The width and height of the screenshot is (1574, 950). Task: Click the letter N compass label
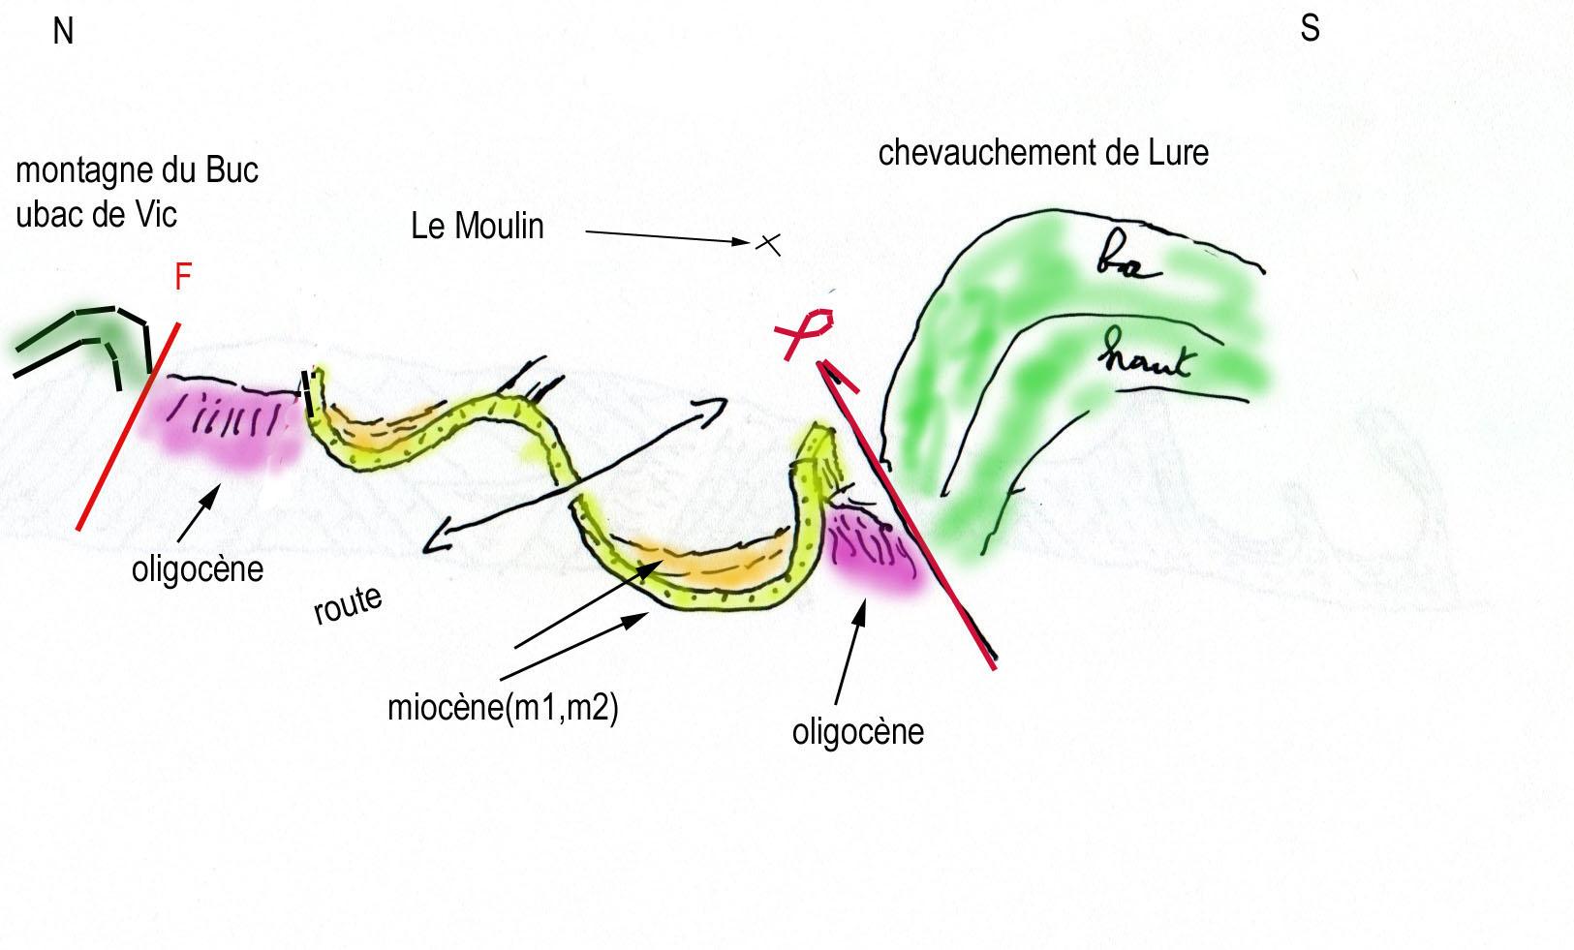tap(63, 32)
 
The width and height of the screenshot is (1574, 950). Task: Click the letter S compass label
tap(1310, 28)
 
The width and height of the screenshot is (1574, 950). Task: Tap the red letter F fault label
tap(182, 278)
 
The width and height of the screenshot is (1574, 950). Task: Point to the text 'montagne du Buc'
tap(137, 171)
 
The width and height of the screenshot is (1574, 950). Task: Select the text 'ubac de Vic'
tap(96, 214)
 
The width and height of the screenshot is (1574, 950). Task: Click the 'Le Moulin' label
tap(478, 227)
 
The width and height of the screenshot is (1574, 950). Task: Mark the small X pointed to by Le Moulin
tap(768, 243)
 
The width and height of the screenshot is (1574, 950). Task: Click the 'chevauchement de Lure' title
tap(1043, 153)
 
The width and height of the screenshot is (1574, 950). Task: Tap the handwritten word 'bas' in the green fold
tap(1127, 261)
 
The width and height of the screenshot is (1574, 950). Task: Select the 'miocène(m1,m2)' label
tap(503, 708)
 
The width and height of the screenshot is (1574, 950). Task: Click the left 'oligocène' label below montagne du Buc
tap(198, 568)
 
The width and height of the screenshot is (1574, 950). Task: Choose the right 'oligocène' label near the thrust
tap(857, 731)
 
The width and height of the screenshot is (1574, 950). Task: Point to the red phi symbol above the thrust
tap(807, 331)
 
